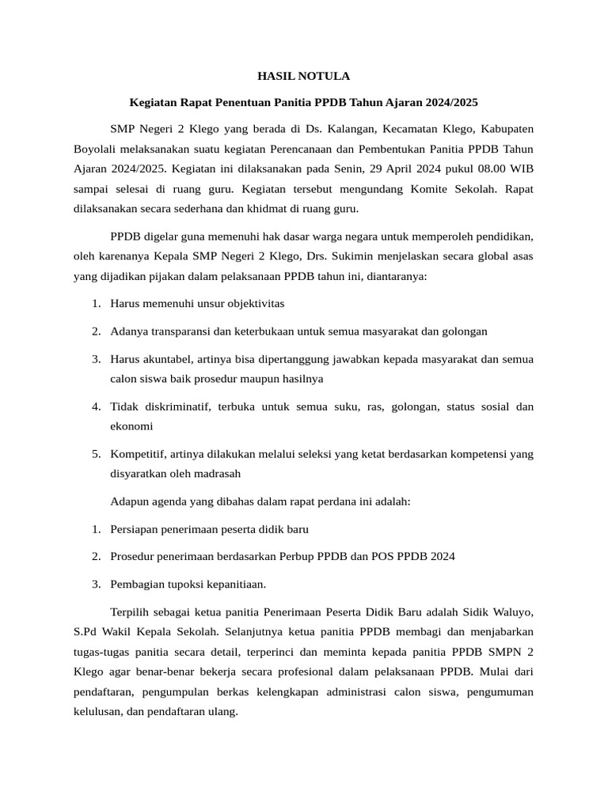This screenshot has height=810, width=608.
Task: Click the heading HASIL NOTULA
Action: (x=303, y=77)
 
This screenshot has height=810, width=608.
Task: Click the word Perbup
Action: (x=295, y=556)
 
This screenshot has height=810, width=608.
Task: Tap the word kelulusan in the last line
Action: (x=97, y=711)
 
